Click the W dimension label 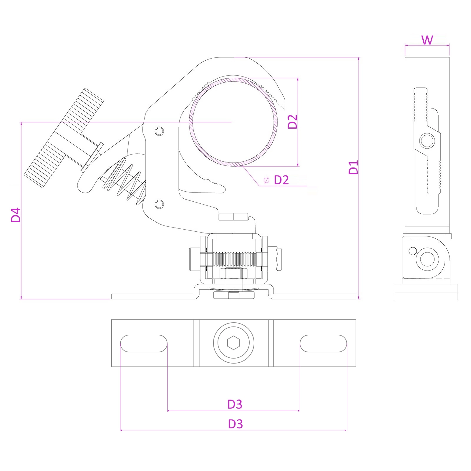click(x=427, y=40)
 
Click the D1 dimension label click(x=353, y=167)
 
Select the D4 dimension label click(x=16, y=215)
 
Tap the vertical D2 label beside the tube click(x=293, y=122)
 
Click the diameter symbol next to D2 click(x=266, y=180)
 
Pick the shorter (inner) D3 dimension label click(x=235, y=404)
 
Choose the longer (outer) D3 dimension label click(x=235, y=424)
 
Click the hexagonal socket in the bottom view click(x=233, y=343)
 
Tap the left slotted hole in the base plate click(x=144, y=343)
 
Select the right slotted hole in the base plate click(x=323, y=343)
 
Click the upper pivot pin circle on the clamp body click(x=159, y=131)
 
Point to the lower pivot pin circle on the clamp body click(x=159, y=204)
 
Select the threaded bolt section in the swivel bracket click(x=235, y=259)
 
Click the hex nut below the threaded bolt click(x=234, y=273)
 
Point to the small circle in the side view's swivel click(x=413, y=251)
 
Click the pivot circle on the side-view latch click(x=427, y=141)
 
